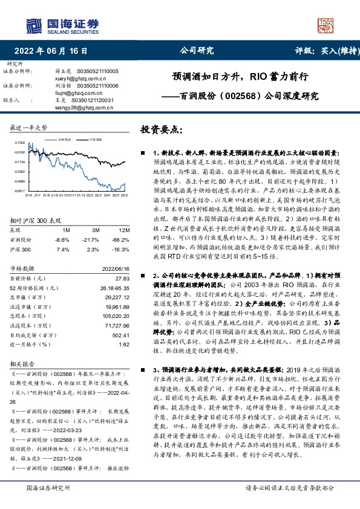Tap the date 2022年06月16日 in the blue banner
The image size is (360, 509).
pos(55,51)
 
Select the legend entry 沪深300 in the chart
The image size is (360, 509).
pos(96,138)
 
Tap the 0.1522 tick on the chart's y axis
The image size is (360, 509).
pos(19,143)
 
